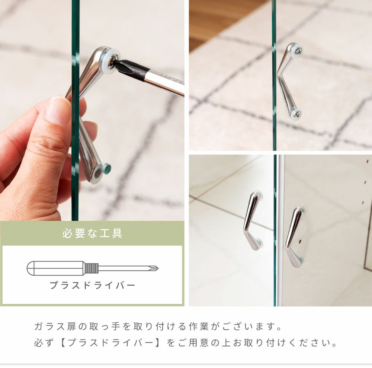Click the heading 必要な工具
pos(92,233)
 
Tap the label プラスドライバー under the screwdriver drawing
pos(92,285)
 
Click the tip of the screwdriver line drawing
pos(158,269)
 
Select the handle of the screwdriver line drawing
pos(56,268)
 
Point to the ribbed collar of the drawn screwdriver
pos(92,268)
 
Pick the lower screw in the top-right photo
pos(296,114)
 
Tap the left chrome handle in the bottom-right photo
pos(252,221)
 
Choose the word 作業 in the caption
pos(199,326)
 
